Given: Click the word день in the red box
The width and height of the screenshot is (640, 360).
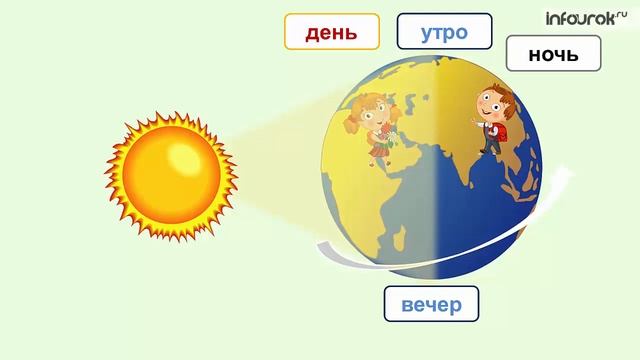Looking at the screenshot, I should tap(331, 32).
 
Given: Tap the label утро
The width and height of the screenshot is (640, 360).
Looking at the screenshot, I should tap(444, 32).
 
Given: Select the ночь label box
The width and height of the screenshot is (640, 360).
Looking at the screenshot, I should tap(553, 54).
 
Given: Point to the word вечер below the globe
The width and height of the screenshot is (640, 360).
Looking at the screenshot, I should tap(431, 304).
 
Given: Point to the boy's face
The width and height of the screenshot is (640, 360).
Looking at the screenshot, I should tap(489, 104).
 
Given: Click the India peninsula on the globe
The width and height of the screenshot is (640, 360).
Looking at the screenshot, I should tap(470, 180).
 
